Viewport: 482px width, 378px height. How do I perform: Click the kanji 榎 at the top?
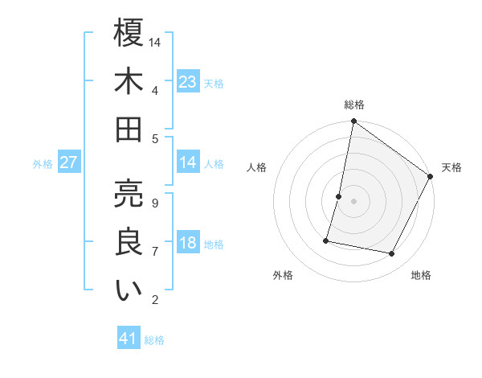(129, 33)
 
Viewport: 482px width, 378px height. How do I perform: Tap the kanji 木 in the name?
(129, 82)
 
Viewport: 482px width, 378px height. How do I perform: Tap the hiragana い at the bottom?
(129, 290)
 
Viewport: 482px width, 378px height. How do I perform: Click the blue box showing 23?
(188, 82)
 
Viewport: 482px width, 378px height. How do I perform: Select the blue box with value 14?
(188, 162)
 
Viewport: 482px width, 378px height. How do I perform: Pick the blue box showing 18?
(188, 243)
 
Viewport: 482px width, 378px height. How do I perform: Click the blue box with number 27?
(69, 162)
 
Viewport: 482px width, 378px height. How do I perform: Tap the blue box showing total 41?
(129, 339)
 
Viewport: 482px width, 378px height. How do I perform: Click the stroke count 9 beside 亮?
(154, 203)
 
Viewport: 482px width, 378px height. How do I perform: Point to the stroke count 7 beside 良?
(154, 252)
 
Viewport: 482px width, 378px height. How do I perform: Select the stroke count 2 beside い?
(154, 300)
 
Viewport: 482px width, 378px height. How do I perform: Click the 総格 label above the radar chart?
(353, 105)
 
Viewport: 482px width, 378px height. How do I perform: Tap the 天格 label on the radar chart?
(451, 167)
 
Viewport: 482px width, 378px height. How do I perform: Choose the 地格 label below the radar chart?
(421, 275)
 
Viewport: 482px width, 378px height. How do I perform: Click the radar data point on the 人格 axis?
(339, 196)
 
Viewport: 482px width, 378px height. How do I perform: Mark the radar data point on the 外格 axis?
(327, 240)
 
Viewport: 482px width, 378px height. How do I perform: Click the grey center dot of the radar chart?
(353, 201)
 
